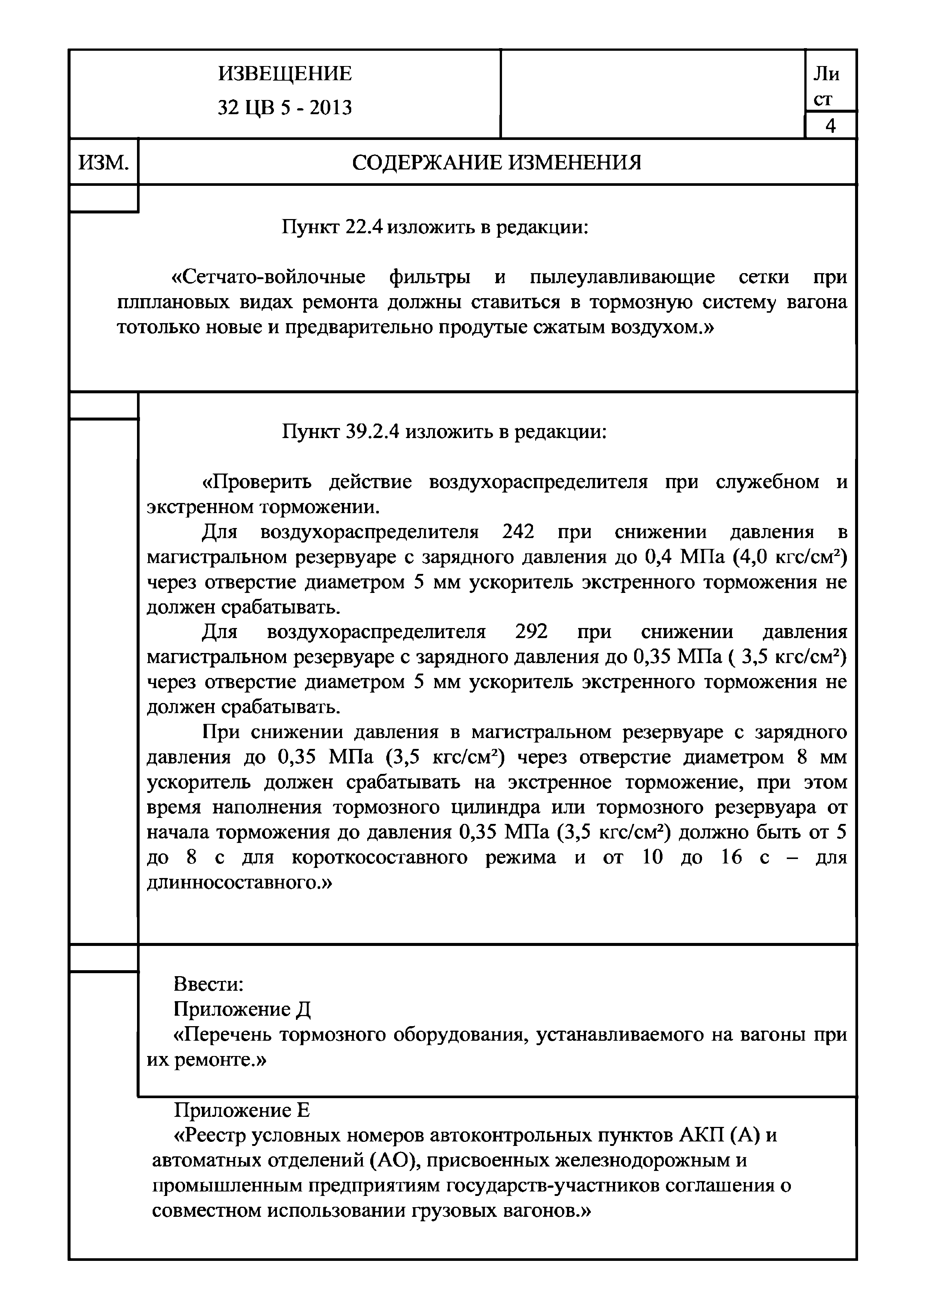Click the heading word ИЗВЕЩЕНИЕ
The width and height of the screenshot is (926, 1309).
click(285, 74)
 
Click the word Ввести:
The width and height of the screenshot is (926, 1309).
click(209, 984)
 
